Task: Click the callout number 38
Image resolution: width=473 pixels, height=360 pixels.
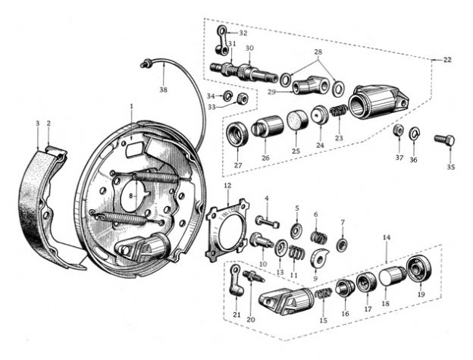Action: (x=163, y=89)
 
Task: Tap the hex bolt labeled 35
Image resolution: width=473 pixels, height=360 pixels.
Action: (x=445, y=139)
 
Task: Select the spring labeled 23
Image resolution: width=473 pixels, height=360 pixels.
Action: (x=339, y=111)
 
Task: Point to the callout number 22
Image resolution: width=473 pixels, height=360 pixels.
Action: (x=447, y=60)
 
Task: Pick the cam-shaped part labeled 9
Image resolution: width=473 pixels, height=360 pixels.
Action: (x=318, y=257)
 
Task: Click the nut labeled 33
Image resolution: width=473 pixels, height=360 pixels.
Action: (x=241, y=99)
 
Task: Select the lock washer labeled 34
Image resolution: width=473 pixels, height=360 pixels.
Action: (x=227, y=96)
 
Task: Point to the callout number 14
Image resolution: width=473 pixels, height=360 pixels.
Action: (x=387, y=237)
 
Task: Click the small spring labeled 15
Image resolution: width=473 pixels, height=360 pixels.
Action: (x=324, y=293)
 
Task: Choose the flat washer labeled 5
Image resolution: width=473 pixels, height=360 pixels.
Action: (x=297, y=231)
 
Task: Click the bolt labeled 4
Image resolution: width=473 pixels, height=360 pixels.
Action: (x=268, y=222)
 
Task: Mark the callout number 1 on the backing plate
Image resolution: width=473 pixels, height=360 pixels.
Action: (x=132, y=106)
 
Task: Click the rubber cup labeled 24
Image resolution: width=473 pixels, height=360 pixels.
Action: (x=319, y=114)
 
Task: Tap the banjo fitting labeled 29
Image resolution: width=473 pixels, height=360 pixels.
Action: (x=310, y=86)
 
